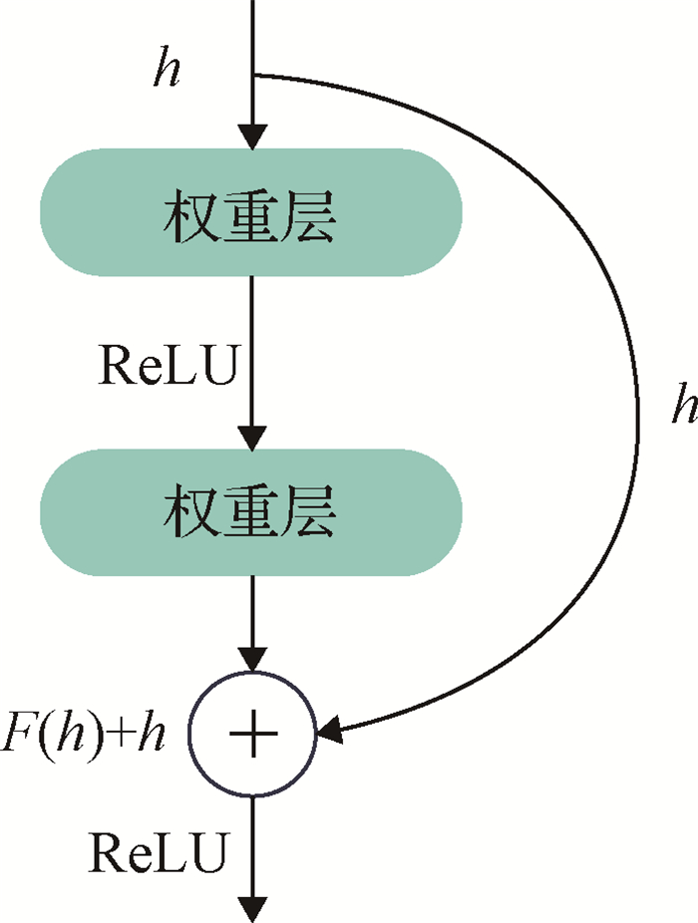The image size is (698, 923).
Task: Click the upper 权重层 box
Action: click(251, 212)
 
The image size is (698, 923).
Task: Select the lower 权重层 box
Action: click(251, 512)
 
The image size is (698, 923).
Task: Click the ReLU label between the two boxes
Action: click(168, 366)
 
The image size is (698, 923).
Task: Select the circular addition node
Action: click(253, 736)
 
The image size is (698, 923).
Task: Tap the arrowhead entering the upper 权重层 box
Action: click(253, 137)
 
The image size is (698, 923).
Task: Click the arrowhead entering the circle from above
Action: click(253, 659)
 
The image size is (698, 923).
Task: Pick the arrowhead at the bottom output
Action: click(253, 907)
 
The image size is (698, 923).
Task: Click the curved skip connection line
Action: click(636, 419)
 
